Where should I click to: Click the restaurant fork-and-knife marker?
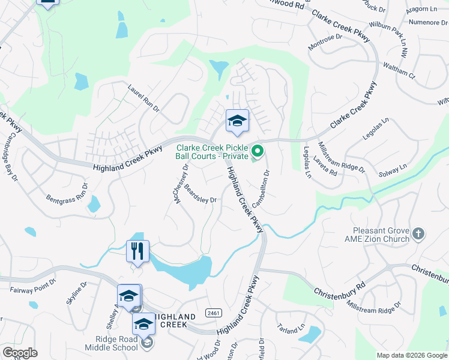coord(137,250)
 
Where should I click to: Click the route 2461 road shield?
coord(211,314)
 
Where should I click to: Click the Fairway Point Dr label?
coord(33,286)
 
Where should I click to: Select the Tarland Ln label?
coord(292,331)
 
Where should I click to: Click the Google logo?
coord(19,353)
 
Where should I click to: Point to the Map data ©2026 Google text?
coord(412,355)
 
